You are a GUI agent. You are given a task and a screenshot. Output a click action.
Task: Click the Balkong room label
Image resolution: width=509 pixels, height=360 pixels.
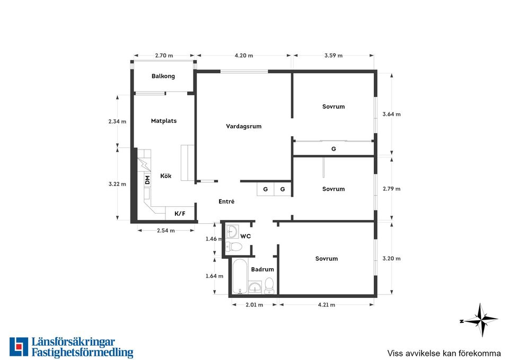pos(163,76)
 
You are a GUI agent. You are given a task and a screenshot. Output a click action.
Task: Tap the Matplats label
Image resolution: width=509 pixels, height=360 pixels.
pos(164,121)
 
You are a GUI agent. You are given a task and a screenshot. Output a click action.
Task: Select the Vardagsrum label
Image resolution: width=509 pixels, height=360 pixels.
pos(243,126)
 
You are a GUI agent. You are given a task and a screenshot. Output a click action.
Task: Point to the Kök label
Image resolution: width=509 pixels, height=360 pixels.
pos(165,175)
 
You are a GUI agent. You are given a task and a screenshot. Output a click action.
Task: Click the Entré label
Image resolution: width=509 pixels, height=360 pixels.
pos(226,201)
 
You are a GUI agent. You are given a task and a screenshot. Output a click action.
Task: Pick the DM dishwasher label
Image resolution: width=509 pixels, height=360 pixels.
pos(147,180)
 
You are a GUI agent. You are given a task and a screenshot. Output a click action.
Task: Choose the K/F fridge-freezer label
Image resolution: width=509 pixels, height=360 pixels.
pos(180,213)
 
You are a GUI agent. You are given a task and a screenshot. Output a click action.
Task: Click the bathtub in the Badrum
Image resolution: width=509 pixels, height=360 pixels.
pos(240,276)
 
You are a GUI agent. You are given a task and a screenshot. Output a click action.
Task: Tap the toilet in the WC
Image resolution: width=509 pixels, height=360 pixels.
pos(234,247)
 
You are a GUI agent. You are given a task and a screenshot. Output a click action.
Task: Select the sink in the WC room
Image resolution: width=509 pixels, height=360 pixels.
pos(232,232)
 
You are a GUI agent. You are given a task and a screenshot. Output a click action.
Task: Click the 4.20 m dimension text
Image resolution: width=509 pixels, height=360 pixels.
pos(244,56)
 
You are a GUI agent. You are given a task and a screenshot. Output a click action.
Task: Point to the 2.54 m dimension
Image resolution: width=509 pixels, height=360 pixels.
pos(165,231)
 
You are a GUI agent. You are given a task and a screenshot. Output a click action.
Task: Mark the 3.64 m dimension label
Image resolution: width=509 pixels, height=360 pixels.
pos(391,114)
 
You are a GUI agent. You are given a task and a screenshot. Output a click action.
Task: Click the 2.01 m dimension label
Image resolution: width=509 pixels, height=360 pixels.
pos(254,304)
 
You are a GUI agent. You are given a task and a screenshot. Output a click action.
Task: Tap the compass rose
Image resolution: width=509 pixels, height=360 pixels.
pos(479,320)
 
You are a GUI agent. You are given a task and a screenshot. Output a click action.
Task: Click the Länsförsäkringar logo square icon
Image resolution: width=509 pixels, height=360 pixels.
pos(19,347)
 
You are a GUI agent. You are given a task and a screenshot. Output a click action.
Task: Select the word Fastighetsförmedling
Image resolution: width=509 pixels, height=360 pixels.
pos(83,353)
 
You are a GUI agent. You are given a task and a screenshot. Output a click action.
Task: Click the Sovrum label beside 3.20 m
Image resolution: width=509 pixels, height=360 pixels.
pos(326,258)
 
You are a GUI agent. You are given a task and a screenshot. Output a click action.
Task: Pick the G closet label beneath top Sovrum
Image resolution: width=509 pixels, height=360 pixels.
pos(334,148)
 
